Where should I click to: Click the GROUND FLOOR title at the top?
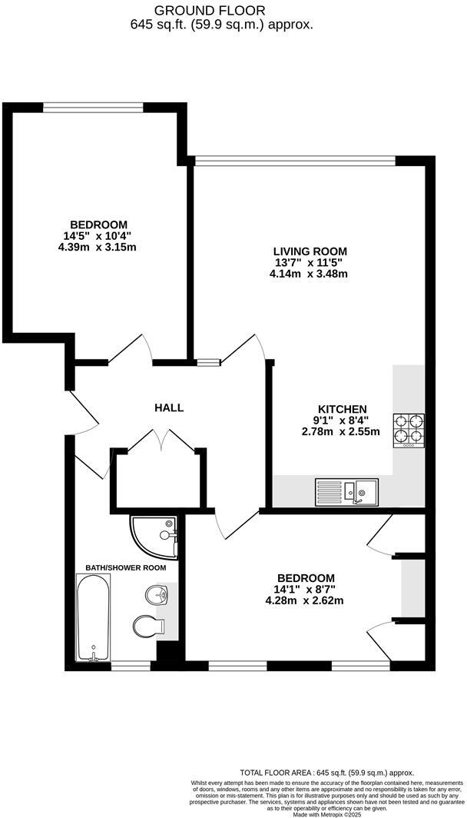tap(210, 11)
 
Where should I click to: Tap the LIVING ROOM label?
tap(310, 251)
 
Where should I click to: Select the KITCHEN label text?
tap(343, 409)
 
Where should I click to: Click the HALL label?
tap(169, 407)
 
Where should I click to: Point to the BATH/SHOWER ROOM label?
tap(125, 567)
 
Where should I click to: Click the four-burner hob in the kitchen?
tap(409, 431)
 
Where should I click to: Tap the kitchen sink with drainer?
tap(346, 490)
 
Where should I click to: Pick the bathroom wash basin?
tap(156, 594)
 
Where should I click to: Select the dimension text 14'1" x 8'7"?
tap(306, 590)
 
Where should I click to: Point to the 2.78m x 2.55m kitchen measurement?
tap(343, 431)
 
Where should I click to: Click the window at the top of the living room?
tap(295, 160)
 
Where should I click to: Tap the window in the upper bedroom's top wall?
tap(92, 107)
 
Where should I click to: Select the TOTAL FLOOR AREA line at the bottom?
tap(327, 772)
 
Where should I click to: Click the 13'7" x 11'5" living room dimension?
tap(310, 262)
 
